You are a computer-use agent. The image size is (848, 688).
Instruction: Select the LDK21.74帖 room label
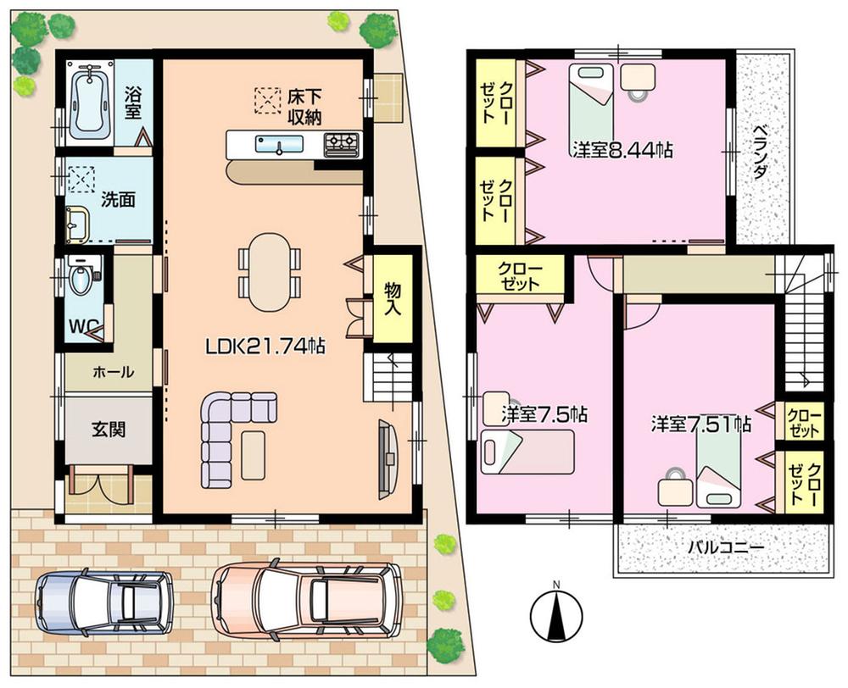[x=265, y=346]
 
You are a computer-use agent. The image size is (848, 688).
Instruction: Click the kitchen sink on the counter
[x=279, y=145]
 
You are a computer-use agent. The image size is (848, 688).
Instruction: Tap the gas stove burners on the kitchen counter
[x=341, y=143]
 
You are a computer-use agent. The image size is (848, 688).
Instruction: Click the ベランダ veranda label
[x=761, y=153]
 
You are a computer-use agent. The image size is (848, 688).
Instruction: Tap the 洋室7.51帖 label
[x=700, y=423]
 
